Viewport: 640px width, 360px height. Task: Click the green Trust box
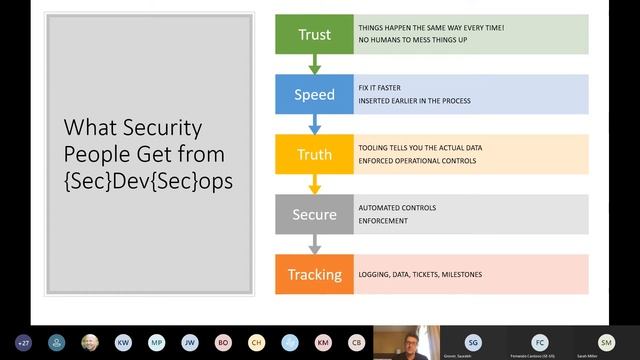(314, 35)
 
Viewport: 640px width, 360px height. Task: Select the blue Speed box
(314, 95)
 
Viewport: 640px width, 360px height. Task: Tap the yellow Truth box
(314, 155)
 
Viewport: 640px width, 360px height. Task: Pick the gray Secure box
(314, 215)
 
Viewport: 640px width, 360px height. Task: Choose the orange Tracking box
(314, 274)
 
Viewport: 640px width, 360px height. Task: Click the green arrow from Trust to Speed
(314, 65)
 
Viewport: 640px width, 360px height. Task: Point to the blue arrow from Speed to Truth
(314, 125)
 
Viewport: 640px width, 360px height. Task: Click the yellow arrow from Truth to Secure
(314, 185)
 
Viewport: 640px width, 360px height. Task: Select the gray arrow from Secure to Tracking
(314, 245)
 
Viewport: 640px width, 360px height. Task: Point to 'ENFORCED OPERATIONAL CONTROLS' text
(417, 160)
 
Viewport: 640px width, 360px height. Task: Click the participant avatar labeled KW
(123, 342)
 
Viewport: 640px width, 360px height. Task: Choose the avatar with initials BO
(223, 342)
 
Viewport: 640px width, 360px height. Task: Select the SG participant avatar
(473, 341)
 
